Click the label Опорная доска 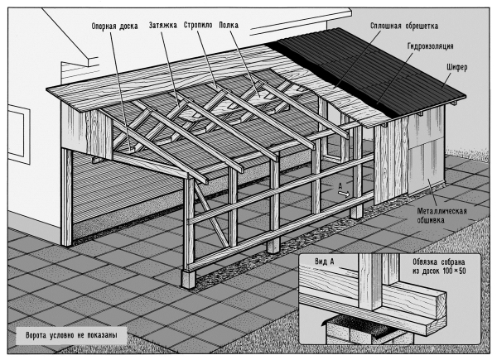coord(115,26)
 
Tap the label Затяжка coord(163,26)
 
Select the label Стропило coord(198,25)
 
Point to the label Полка coord(229,25)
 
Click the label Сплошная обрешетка coord(404,26)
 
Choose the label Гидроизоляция coord(430,46)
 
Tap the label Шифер coord(457,67)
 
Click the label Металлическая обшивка coord(442,215)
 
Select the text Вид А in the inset coord(324,262)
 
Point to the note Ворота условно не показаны coord(71,335)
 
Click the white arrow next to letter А coord(344,194)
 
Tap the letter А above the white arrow coord(340,186)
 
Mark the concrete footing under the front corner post coord(189,279)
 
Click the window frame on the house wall coord(19,135)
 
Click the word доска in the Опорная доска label coord(128,26)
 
